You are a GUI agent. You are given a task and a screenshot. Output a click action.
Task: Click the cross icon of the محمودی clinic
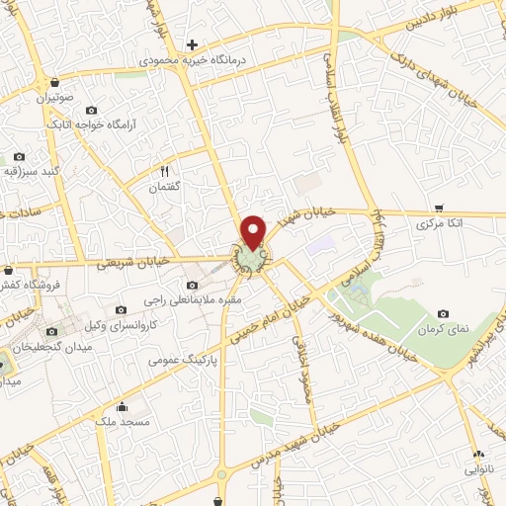pos(193,43)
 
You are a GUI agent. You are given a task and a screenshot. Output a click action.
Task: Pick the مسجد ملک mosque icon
pos(121,406)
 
